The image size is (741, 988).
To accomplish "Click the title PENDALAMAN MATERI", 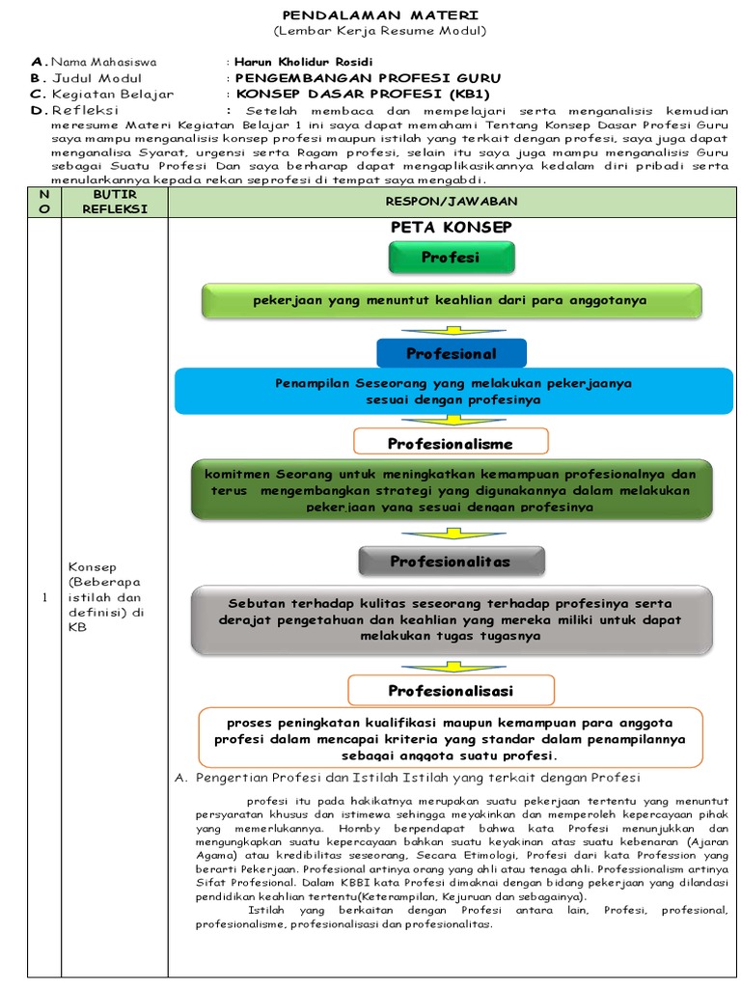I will tap(379, 15).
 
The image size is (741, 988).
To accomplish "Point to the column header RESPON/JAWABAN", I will tap(452, 201).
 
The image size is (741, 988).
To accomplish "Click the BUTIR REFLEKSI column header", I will tap(115, 201).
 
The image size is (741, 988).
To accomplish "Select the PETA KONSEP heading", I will tap(451, 227).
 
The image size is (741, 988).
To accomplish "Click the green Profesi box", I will tap(451, 258).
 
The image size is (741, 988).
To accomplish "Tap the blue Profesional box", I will tap(451, 354).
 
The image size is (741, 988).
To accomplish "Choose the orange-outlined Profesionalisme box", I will tap(451, 443).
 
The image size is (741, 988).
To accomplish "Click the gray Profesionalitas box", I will tap(451, 561).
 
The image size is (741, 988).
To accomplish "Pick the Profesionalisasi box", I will tap(451, 691).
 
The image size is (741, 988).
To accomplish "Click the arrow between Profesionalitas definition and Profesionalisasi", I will tap(451, 666).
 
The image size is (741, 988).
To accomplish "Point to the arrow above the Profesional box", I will tap(451, 329).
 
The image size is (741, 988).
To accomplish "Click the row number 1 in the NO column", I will tap(44, 598).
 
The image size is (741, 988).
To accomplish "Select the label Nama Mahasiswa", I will tap(103, 62).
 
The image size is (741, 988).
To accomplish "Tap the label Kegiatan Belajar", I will tap(113, 95).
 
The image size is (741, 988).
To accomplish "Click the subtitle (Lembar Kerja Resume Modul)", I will tap(379, 31).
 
